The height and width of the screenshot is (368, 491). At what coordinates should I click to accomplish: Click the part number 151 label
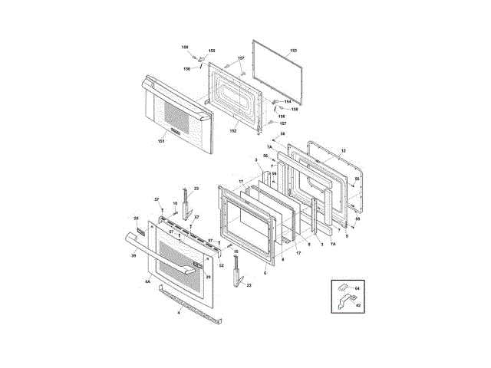tap(161, 141)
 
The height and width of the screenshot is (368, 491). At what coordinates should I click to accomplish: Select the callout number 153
tap(293, 51)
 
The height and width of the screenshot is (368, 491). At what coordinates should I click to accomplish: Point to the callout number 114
tap(287, 101)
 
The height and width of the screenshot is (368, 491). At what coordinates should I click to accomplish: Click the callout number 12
tap(344, 149)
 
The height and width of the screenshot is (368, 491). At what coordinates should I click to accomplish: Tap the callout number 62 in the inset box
tap(357, 304)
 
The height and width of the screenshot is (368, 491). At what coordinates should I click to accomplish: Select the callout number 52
tap(222, 265)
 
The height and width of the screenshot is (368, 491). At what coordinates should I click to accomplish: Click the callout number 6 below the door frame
tap(265, 272)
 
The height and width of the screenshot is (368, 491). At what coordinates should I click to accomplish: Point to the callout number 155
tap(212, 51)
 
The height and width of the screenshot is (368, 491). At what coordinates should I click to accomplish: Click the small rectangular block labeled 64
tap(341, 288)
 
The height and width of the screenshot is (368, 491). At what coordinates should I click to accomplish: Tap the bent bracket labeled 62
tap(342, 301)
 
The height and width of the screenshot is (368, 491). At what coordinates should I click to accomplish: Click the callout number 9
tap(346, 237)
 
